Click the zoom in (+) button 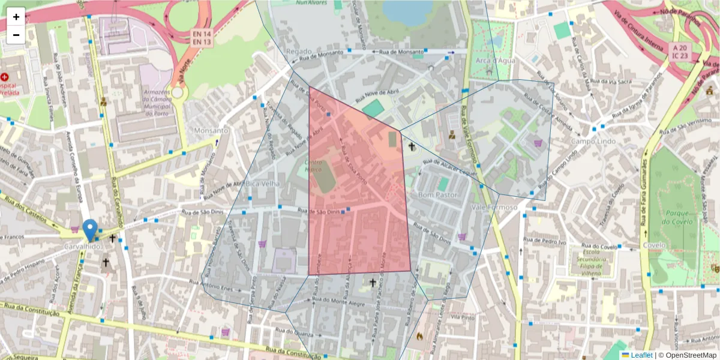click(16, 17)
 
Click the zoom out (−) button click(16, 35)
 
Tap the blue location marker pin click(90, 230)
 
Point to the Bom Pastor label click(437, 195)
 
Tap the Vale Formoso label click(494, 208)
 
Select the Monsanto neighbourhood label click(211, 130)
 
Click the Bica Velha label click(262, 184)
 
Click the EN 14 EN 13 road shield click(202, 38)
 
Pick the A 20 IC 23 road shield click(679, 50)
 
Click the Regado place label click(299, 52)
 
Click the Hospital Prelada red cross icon click(5, 77)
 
